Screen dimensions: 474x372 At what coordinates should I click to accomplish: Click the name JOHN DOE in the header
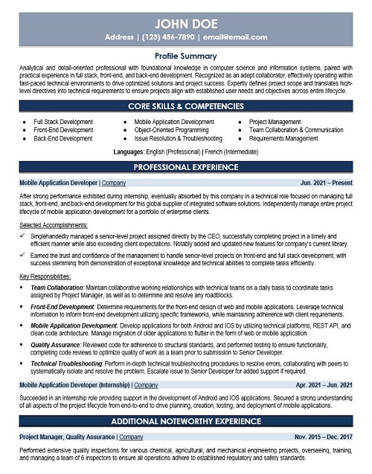pos(185,17)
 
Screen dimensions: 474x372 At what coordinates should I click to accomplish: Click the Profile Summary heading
pos(185,56)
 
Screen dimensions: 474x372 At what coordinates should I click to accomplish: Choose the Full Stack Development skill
pos(62,120)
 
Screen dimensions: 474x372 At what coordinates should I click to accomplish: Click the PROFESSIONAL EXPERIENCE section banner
pos(185,168)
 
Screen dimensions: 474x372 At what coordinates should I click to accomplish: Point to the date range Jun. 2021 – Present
pos(325,181)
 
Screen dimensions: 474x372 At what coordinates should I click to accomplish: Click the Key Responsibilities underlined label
pos(46,276)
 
